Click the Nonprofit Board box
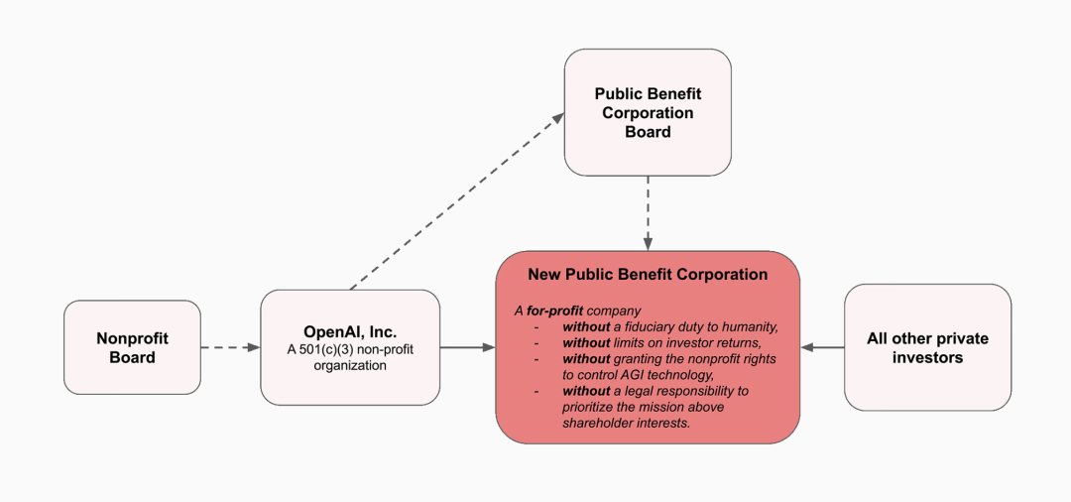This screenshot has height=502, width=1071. (133, 347)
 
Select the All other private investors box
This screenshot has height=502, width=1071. (927, 347)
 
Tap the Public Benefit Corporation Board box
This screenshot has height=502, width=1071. (648, 112)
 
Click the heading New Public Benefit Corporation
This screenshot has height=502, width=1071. (648, 275)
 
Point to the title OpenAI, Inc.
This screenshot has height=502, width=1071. (350, 332)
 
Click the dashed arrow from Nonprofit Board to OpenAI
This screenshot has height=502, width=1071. (231, 347)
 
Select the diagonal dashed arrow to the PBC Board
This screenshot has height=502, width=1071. (457, 200)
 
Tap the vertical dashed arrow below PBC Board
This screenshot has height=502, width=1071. (648, 213)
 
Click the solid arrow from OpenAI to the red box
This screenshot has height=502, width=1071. (467, 347)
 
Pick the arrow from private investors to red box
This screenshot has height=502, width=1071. (822, 347)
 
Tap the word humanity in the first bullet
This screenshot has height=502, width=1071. (752, 326)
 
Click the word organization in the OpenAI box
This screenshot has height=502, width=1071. (350, 366)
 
